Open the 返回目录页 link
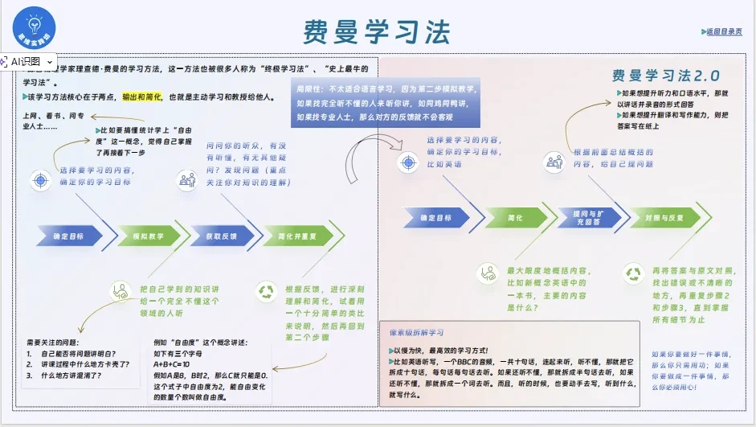[x=722, y=32]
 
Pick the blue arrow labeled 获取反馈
[x=219, y=237]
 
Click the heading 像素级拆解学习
[x=416, y=332]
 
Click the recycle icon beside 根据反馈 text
[x=265, y=290]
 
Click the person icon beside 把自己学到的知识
[x=120, y=289]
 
